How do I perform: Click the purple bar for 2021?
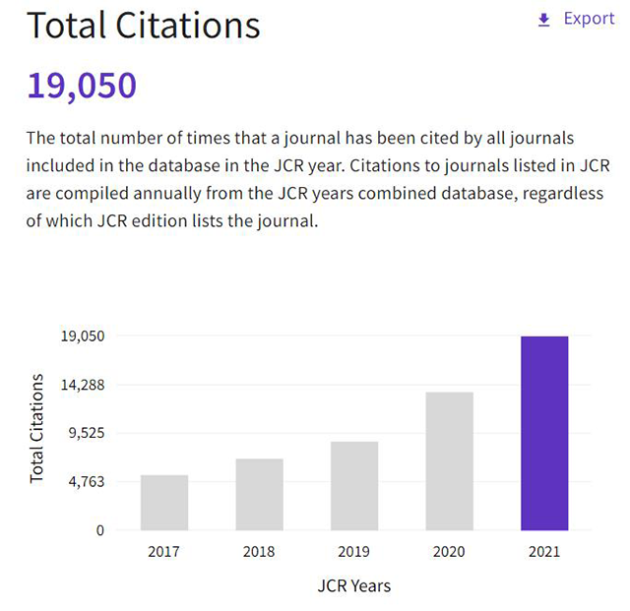pyautogui.click(x=544, y=433)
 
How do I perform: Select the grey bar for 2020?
pyautogui.click(x=450, y=460)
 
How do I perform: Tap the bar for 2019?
pyautogui.click(x=354, y=485)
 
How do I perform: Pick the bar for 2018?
pyautogui.click(x=260, y=494)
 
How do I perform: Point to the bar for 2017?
pyautogui.click(x=164, y=502)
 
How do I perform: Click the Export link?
pyautogui.click(x=589, y=19)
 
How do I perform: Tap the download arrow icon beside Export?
pyautogui.click(x=543, y=20)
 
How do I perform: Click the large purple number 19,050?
pyautogui.click(x=82, y=86)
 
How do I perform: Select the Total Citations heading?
pyautogui.click(x=144, y=25)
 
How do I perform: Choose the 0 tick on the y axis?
pyautogui.click(x=99, y=529)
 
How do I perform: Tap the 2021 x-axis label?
pyautogui.click(x=544, y=551)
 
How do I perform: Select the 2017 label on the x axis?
pyautogui.click(x=164, y=551)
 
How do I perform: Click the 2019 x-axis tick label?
pyautogui.click(x=354, y=551)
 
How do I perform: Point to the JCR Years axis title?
pyautogui.click(x=354, y=586)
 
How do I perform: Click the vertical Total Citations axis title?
pyautogui.click(x=37, y=428)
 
